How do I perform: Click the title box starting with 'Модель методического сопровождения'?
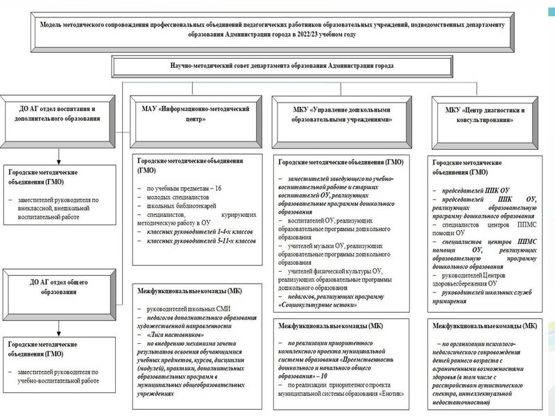(x=272, y=28)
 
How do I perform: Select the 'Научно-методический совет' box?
(x=272, y=66)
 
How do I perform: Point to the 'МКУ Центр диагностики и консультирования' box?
(x=484, y=115)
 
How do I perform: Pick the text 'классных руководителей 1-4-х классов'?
(x=196, y=232)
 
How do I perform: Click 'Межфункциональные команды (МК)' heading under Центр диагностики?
(x=484, y=325)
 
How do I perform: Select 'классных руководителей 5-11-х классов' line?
(x=198, y=241)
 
